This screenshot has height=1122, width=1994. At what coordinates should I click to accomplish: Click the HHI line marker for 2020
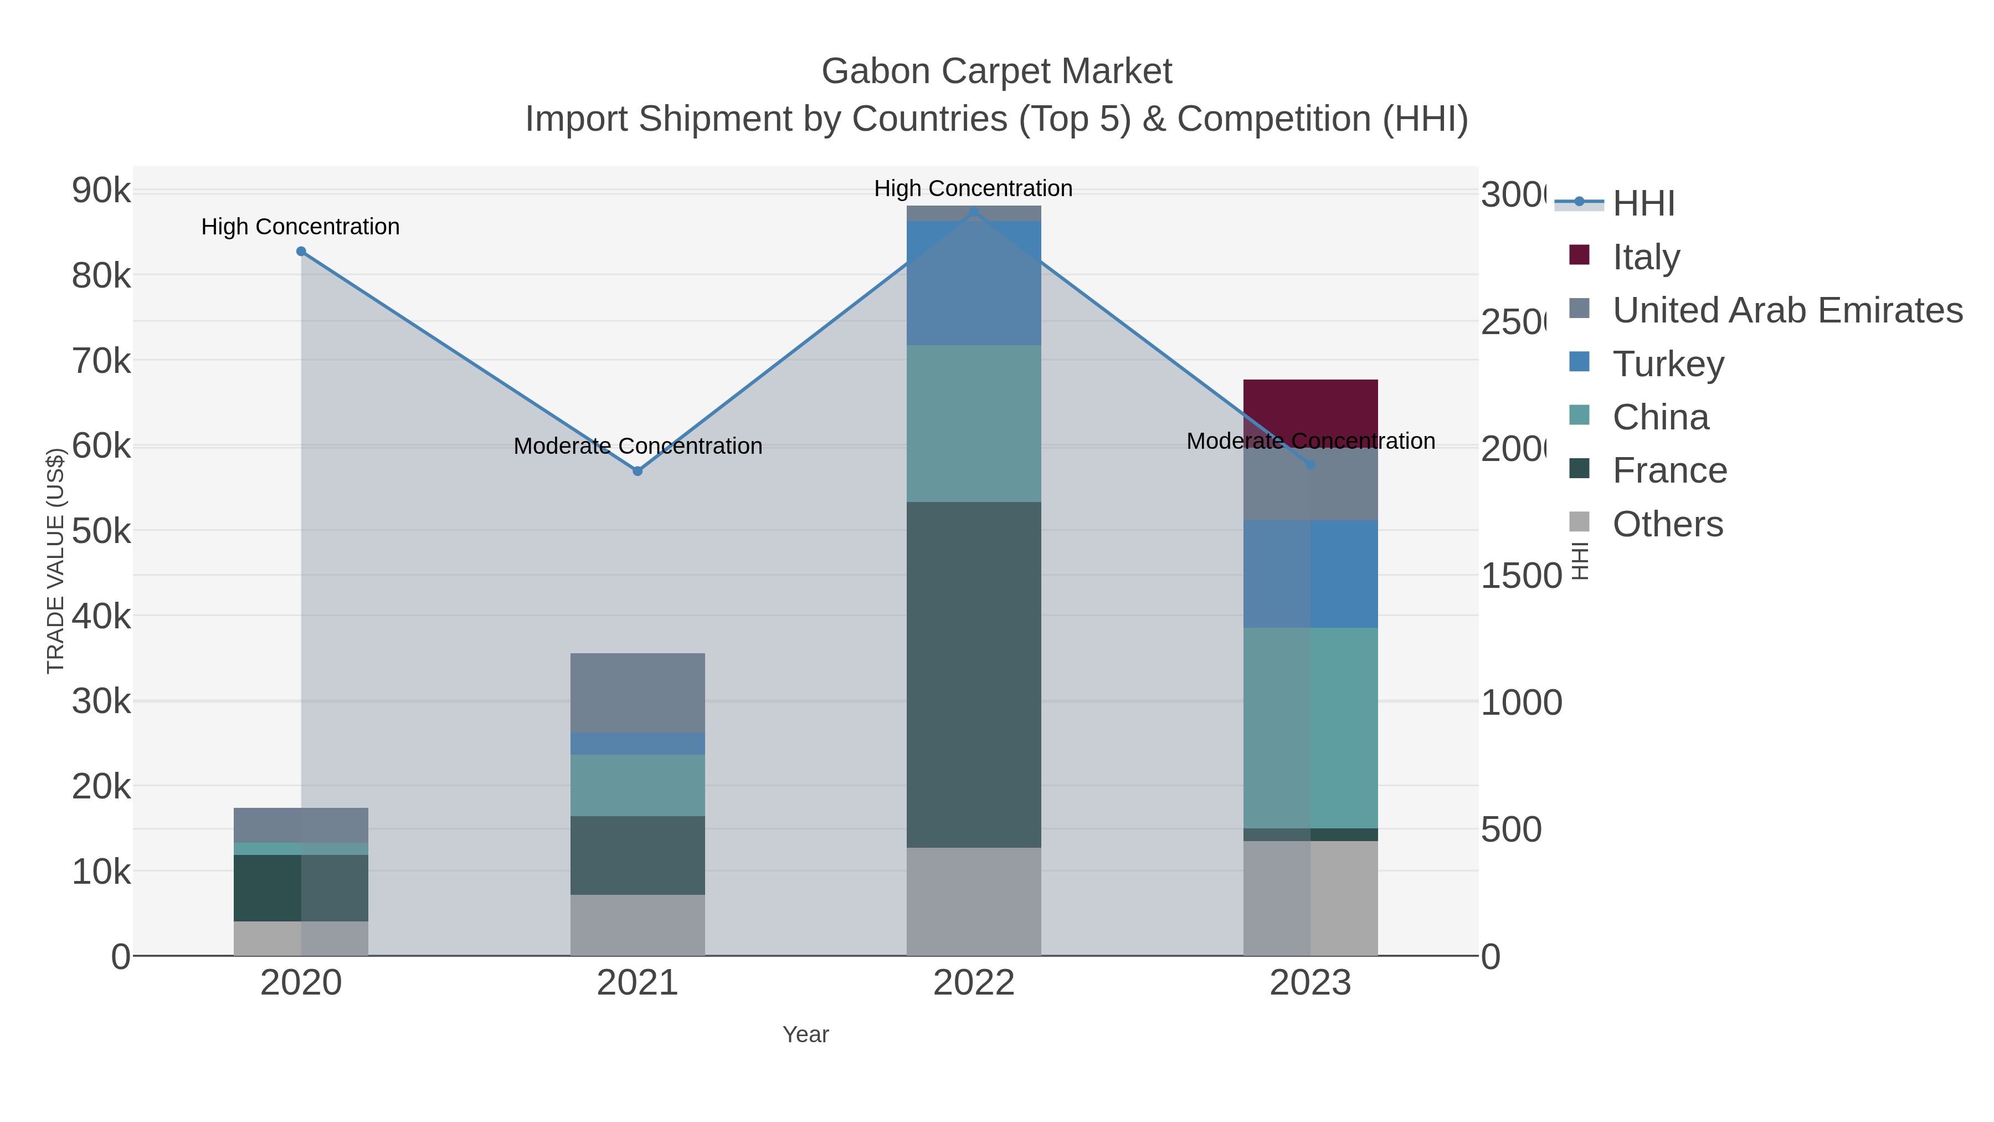[301, 252]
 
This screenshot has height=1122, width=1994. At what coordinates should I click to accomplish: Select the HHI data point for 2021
[637, 471]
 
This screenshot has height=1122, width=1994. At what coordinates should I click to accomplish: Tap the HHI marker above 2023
[1311, 465]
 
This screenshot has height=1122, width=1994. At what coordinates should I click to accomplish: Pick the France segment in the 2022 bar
[974, 674]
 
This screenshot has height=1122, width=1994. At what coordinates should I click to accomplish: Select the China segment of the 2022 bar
[974, 423]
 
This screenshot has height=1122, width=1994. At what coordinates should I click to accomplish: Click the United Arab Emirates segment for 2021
[637, 692]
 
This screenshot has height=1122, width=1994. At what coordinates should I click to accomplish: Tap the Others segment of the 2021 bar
[637, 925]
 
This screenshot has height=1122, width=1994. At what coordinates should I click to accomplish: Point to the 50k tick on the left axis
[101, 531]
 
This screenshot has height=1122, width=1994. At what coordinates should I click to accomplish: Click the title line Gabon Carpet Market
[996, 71]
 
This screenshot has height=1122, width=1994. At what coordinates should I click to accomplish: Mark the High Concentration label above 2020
[300, 227]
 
